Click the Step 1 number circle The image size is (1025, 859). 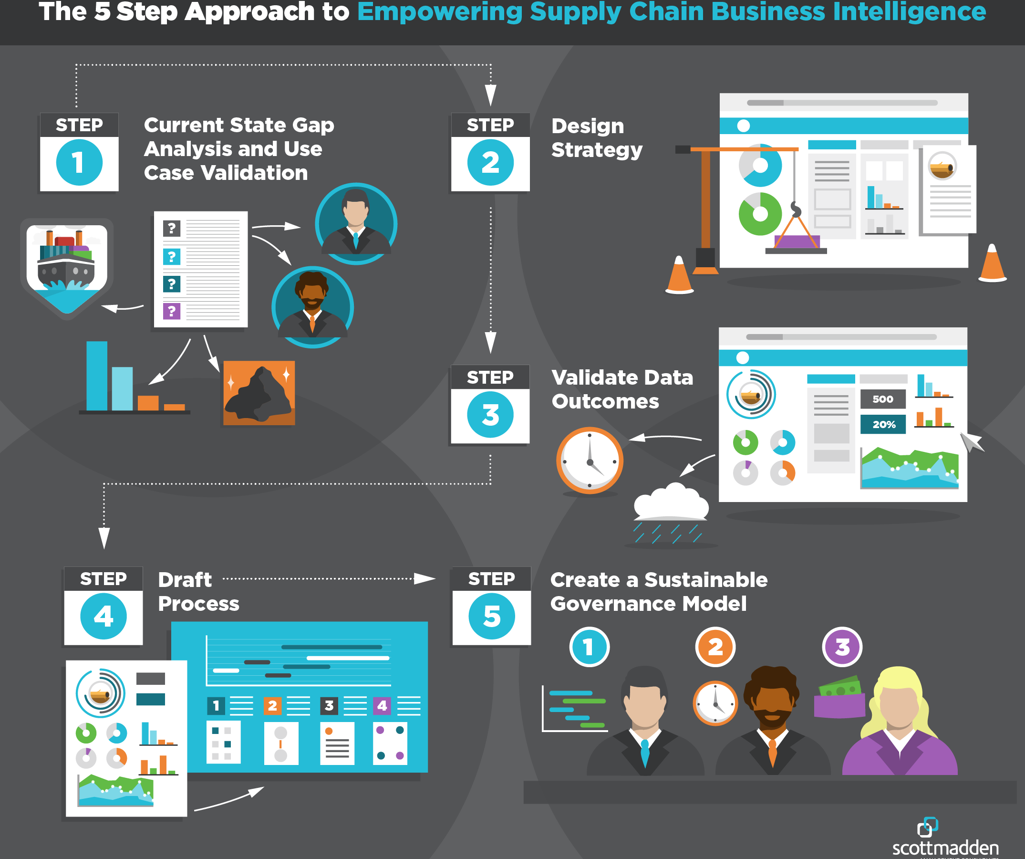[79, 163]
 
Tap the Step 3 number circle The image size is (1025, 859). [490, 415]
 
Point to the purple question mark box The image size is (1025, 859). [171, 311]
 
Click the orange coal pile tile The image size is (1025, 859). [259, 393]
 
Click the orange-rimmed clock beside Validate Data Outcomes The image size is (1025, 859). [590, 461]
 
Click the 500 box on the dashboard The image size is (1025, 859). [882, 399]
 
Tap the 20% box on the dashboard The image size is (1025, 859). [882, 424]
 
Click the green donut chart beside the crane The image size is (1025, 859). [759, 214]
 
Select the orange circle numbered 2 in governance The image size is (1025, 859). [715, 647]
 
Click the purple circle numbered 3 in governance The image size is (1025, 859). [842, 647]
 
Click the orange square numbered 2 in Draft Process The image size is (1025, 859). [272, 706]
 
